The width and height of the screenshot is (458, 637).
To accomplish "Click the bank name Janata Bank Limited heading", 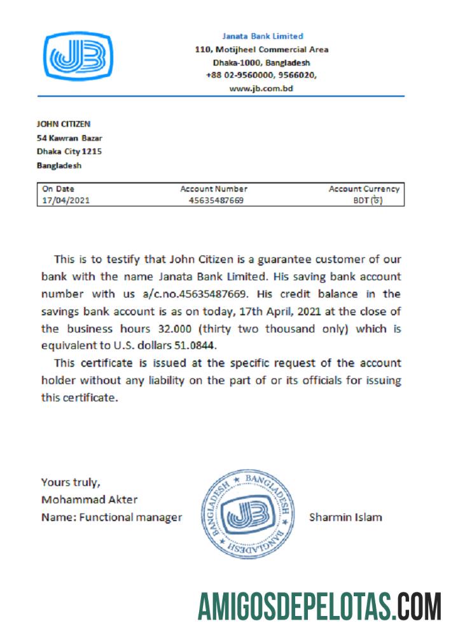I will coord(263,36).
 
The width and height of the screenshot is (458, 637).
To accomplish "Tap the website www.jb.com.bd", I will coord(261,89).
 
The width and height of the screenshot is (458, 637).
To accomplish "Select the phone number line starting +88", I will coord(261,75).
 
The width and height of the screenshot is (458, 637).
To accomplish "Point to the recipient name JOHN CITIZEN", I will coord(64,124).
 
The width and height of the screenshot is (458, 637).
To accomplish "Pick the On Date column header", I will coord(58,189).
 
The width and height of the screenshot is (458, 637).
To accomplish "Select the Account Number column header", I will coord(214,189).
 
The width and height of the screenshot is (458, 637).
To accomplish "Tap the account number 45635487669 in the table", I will coord(216,200).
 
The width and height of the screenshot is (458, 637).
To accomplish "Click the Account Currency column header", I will coord(364,189).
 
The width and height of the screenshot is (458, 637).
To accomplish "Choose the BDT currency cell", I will coord(368,200).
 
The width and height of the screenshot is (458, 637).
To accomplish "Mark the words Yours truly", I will coord(70,482).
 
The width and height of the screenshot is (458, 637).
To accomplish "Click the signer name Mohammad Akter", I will coord(89,499).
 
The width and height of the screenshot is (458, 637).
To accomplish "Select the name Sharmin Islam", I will coord(345,517).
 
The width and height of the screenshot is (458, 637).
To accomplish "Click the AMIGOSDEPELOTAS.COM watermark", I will coord(319,606).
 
